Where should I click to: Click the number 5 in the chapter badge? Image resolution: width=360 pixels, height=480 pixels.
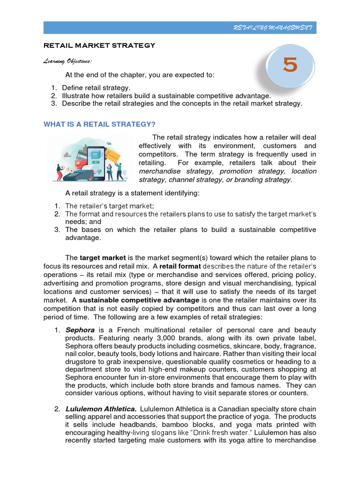pyautogui.click(x=290, y=66)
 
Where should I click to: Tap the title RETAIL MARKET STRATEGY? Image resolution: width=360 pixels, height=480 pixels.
pyautogui.click(x=99, y=45)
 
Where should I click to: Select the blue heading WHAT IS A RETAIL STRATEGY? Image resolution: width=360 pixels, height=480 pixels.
pyautogui.click(x=99, y=124)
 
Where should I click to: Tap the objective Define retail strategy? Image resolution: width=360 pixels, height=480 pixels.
pyautogui.click(x=96, y=88)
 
